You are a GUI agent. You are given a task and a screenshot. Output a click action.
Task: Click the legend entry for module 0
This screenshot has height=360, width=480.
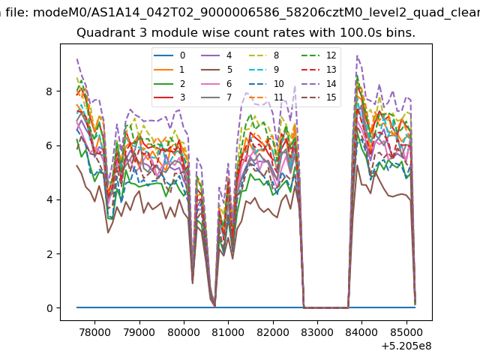point(169,55)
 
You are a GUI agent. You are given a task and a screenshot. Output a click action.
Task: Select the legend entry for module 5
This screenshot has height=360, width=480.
point(217,70)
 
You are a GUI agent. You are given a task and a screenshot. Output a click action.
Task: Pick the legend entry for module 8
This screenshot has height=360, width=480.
point(264,55)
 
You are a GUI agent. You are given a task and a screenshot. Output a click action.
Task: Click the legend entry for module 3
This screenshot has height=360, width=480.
point(169,97)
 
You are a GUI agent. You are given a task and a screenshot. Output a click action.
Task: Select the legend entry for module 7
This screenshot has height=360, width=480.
point(217,97)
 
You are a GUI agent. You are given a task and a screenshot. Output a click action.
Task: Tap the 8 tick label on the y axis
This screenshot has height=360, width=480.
point(49,91)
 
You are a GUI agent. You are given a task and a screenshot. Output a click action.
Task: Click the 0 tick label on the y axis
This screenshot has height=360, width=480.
point(49,308)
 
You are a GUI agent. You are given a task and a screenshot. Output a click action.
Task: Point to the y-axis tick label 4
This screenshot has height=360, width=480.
point(49,199)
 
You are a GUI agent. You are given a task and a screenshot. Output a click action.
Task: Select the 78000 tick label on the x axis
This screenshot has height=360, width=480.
point(94,332)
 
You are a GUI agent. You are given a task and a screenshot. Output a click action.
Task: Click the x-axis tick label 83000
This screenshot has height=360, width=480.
point(317,332)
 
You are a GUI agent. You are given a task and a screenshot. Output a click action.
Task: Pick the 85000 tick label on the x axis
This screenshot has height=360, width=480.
point(406,332)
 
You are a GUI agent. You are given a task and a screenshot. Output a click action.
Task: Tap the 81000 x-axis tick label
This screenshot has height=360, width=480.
point(228,332)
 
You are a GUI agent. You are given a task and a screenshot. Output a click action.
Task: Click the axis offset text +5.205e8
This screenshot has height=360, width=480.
point(406,346)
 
